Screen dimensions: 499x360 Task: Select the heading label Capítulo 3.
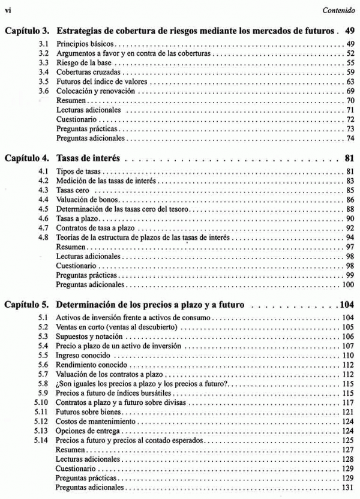[x=26, y=31]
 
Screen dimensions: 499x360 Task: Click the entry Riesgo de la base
[x=82, y=62]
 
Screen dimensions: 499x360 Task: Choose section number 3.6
[x=43, y=91]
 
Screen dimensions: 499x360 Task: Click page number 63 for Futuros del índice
[x=350, y=81]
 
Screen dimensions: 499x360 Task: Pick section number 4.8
[x=43, y=238]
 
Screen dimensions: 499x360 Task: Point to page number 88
[x=350, y=209]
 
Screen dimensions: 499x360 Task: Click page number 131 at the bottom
[x=349, y=489]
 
